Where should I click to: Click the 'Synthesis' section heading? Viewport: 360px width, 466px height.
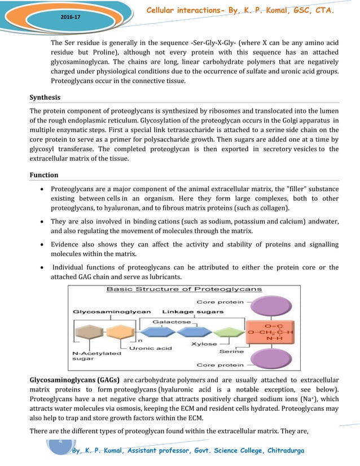tap(49, 97)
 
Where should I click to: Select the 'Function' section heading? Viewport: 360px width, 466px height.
tap(47, 175)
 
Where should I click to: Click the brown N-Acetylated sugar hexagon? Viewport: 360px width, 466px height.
tap(88, 332)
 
